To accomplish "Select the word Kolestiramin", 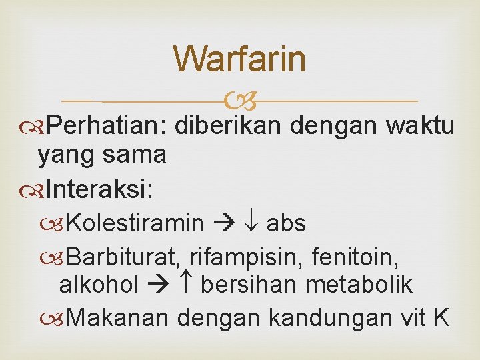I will click(135, 223).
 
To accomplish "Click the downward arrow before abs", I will click(253, 223).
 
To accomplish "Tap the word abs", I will click(286, 223).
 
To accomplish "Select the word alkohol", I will click(99, 285).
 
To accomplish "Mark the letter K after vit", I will click(440, 317).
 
